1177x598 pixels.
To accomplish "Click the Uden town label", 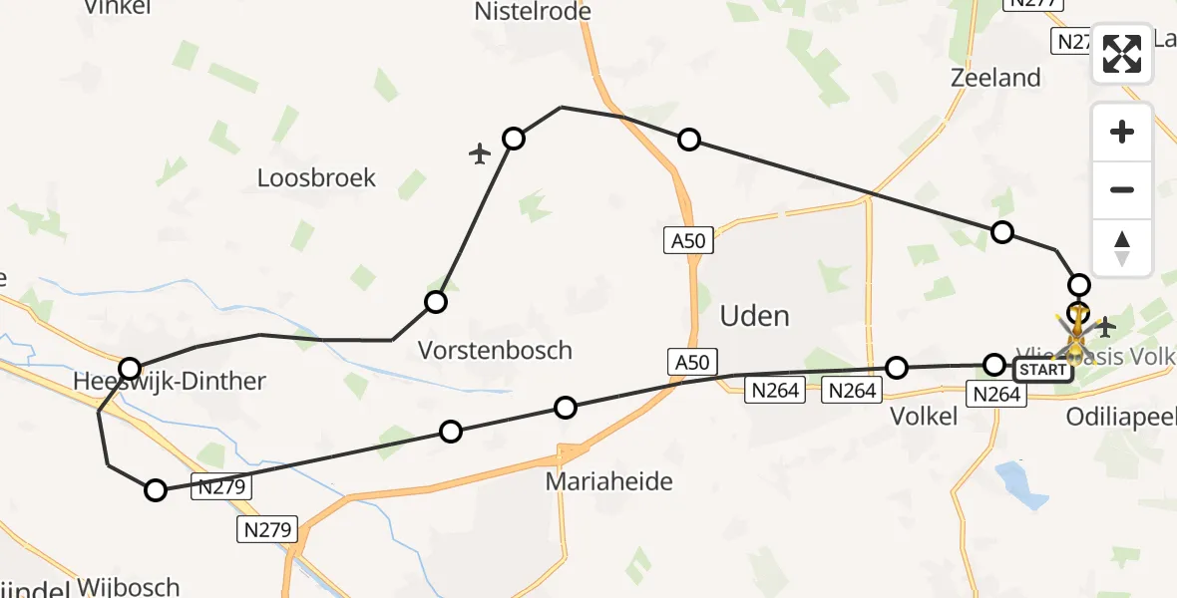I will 754,317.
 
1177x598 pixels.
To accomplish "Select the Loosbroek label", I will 316,178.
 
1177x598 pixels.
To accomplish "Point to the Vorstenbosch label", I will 495,350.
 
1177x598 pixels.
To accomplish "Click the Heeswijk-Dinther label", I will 170,381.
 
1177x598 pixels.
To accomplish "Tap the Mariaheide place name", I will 608,481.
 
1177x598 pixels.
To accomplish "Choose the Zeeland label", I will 995,78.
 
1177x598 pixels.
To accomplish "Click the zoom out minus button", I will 1122,189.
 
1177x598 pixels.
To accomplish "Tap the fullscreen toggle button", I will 1122,53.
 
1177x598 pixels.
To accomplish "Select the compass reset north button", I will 1122,247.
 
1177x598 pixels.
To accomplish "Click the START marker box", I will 1043,371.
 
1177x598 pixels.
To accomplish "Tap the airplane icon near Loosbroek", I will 481,153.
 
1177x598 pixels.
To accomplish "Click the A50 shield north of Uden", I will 687,240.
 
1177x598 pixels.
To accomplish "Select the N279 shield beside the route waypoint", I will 222,487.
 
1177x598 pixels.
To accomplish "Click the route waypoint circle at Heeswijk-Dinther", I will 129,369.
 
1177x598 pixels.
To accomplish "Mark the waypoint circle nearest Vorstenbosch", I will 436,302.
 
